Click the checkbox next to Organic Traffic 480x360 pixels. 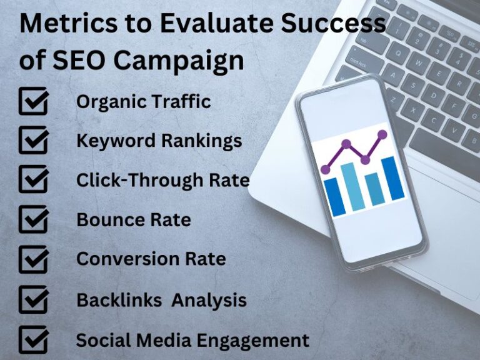32,102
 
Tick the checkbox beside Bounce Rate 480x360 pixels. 32,219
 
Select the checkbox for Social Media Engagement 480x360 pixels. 32,341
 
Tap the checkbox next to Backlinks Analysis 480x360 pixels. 32,299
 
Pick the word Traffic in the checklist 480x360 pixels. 182,101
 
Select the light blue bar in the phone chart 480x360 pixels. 352,186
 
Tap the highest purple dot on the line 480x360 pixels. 382,134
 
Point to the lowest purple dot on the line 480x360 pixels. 325,169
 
